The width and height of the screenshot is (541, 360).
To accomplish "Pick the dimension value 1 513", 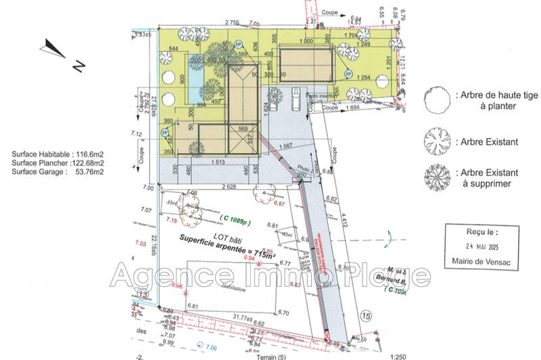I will click(x=218, y=162).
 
